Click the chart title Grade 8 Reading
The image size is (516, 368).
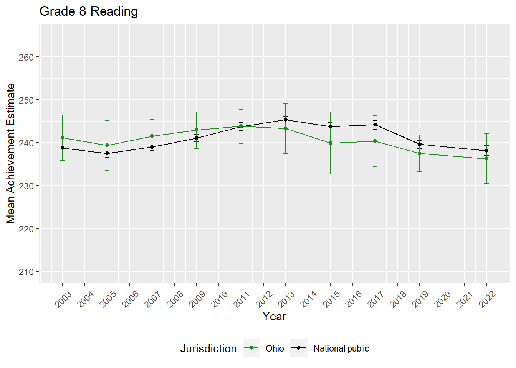click(x=89, y=11)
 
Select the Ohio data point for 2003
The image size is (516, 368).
click(x=63, y=138)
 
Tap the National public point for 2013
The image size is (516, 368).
click(x=286, y=120)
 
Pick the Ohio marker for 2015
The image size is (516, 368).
click(x=331, y=143)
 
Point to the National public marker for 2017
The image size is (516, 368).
click(x=375, y=125)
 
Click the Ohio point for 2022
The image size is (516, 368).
click(x=486, y=159)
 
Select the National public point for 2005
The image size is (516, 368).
click(x=107, y=153)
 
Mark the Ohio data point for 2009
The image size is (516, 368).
click(x=197, y=130)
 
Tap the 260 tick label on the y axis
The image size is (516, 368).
click(x=26, y=57)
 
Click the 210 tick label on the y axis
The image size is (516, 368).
click(x=26, y=272)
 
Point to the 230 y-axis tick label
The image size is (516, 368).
click(x=26, y=186)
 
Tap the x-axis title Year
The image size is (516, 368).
click(x=274, y=316)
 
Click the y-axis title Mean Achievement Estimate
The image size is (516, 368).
click(x=11, y=153)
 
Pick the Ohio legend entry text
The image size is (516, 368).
click(x=275, y=348)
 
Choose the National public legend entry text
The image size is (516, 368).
click(x=341, y=348)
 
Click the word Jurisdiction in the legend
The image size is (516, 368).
click(x=208, y=348)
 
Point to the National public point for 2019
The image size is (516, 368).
click(x=420, y=144)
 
